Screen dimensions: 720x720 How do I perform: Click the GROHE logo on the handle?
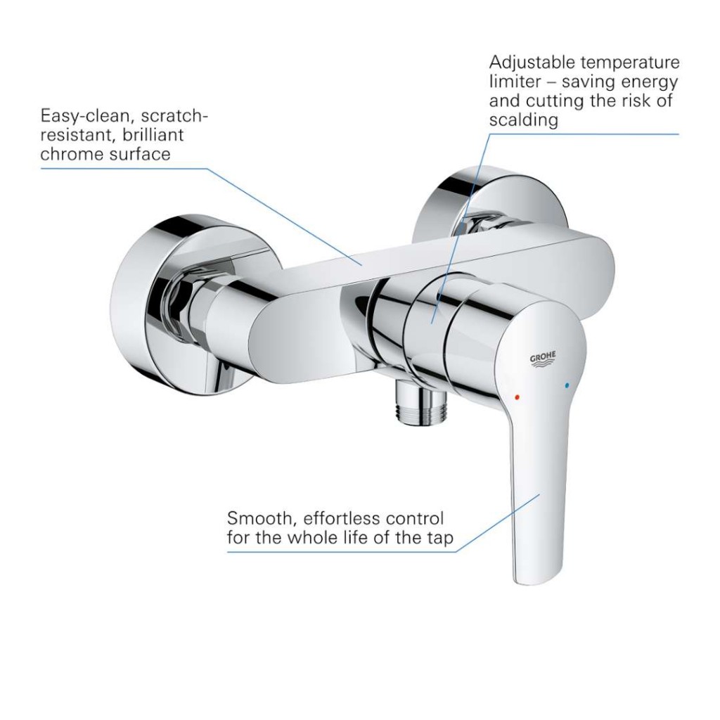(x=543, y=359)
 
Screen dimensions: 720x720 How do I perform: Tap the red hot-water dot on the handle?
(x=517, y=397)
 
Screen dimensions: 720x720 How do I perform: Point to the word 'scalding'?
(x=523, y=120)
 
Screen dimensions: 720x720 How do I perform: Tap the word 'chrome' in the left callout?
(x=70, y=154)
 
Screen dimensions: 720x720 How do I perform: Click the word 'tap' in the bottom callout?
(x=440, y=538)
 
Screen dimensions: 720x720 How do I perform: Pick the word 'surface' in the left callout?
(x=137, y=154)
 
